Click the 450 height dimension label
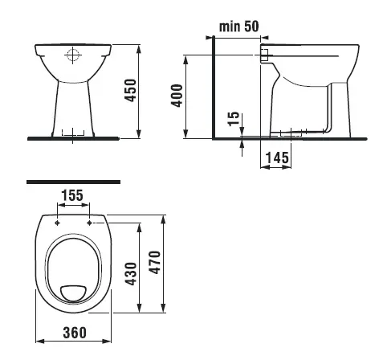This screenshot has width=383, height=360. click(x=131, y=90)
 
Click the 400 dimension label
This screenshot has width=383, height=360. click(x=177, y=96)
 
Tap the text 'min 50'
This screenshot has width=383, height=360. click(x=239, y=27)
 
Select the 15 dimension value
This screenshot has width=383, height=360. click(x=233, y=118)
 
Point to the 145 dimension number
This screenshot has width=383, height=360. click(x=277, y=157)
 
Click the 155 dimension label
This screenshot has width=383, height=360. click(x=72, y=195)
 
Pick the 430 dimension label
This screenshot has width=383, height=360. click(x=131, y=274)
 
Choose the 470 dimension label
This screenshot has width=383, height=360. click(x=155, y=262)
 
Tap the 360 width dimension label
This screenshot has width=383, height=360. click(x=75, y=333)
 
